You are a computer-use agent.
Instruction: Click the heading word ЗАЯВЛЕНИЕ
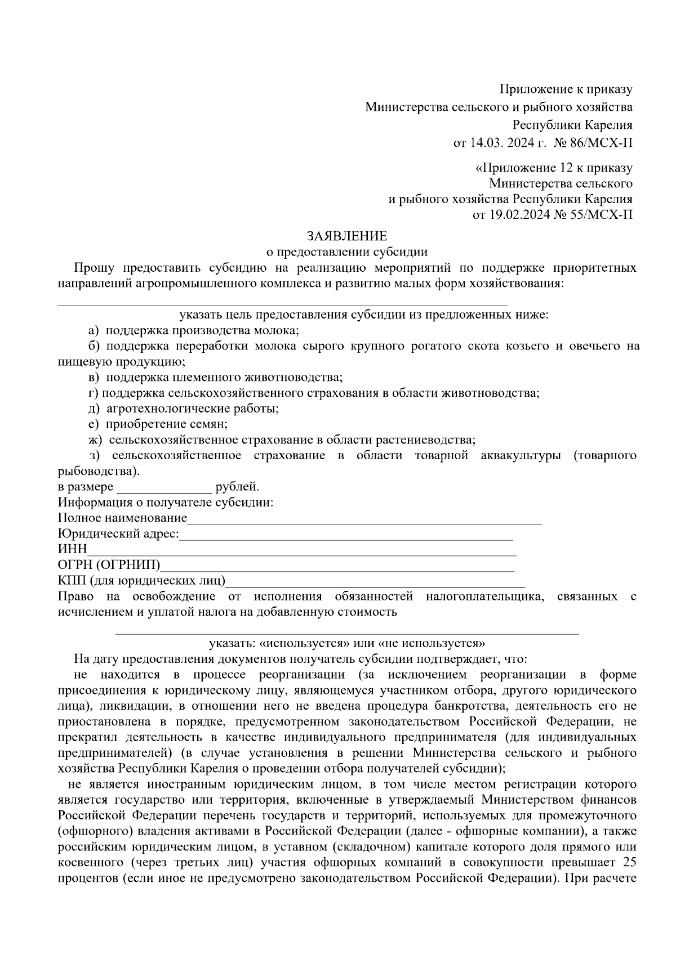(346, 235)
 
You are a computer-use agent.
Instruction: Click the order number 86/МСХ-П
(602, 143)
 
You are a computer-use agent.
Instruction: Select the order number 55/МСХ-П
(602, 214)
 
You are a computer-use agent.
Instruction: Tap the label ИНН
(73, 549)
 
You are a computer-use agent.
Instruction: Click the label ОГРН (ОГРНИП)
(109, 564)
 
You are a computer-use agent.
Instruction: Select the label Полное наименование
(123, 518)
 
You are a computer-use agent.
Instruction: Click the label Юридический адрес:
(119, 533)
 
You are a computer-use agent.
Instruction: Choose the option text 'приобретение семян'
(167, 424)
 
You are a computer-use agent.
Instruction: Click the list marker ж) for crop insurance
(94, 440)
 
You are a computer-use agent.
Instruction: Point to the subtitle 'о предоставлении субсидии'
(346, 252)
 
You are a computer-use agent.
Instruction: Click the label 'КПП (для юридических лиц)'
(141, 580)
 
